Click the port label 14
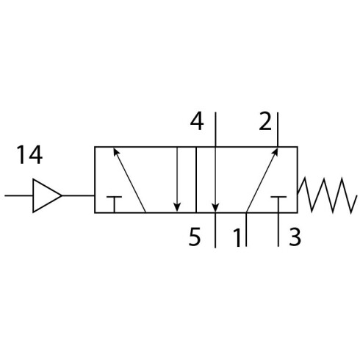(x=29, y=155)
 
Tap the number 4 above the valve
(x=197, y=121)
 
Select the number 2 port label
(x=265, y=121)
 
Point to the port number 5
(x=195, y=237)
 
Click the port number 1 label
(x=237, y=237)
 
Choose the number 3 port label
(x=295, y=237)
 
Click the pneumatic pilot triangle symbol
(x=47, y=195)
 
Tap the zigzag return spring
(x=327, y=195)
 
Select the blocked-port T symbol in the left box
(x=114, y=204)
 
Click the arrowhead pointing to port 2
(x=276, y=151)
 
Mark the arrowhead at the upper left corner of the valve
(x=116, y=151)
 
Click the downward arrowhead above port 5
(x=215, y=208)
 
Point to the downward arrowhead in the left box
(x=177, y=208)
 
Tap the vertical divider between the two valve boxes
(x=196, y=180)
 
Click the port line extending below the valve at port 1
(x=246, y=229)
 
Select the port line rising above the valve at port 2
(x=278, y=129)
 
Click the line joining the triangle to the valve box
(x=78, y=195)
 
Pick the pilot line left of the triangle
(x=19, y=195)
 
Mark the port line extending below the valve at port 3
(x=278, y=229)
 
